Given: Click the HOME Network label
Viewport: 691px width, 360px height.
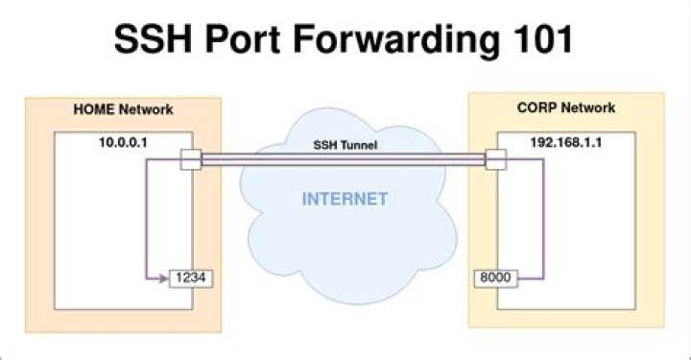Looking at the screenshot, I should click(123, 110).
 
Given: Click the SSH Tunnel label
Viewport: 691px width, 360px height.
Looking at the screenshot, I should click(343, 144).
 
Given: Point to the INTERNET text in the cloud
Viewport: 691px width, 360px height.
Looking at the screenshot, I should click(345, 200).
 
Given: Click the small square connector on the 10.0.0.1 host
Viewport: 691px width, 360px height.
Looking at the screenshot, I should click(189, 159).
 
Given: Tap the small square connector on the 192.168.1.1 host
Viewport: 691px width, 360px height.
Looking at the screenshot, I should click(496, 159).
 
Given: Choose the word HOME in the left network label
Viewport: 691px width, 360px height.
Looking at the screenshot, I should click(96, 110).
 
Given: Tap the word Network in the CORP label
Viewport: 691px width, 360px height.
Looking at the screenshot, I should click(590, 108).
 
